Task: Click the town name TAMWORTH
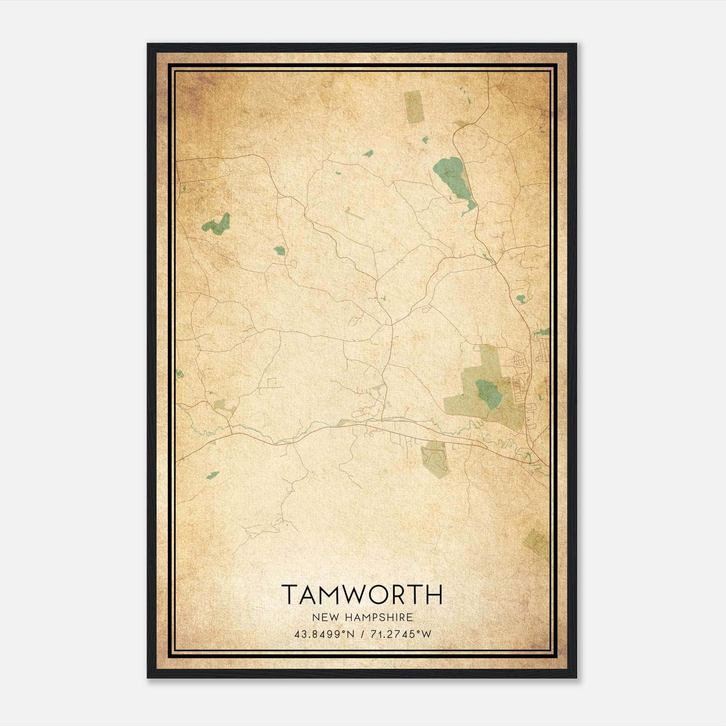pyautogui.click(x=362, y=594)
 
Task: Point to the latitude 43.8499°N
pyautogui.click(x=324, y=635)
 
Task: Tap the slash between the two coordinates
pyautogui.click(x=362, y=635)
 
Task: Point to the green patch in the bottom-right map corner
pyautogui.click(x=537, y=543)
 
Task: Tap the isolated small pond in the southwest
pyautogui.click(x=212, y=475)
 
